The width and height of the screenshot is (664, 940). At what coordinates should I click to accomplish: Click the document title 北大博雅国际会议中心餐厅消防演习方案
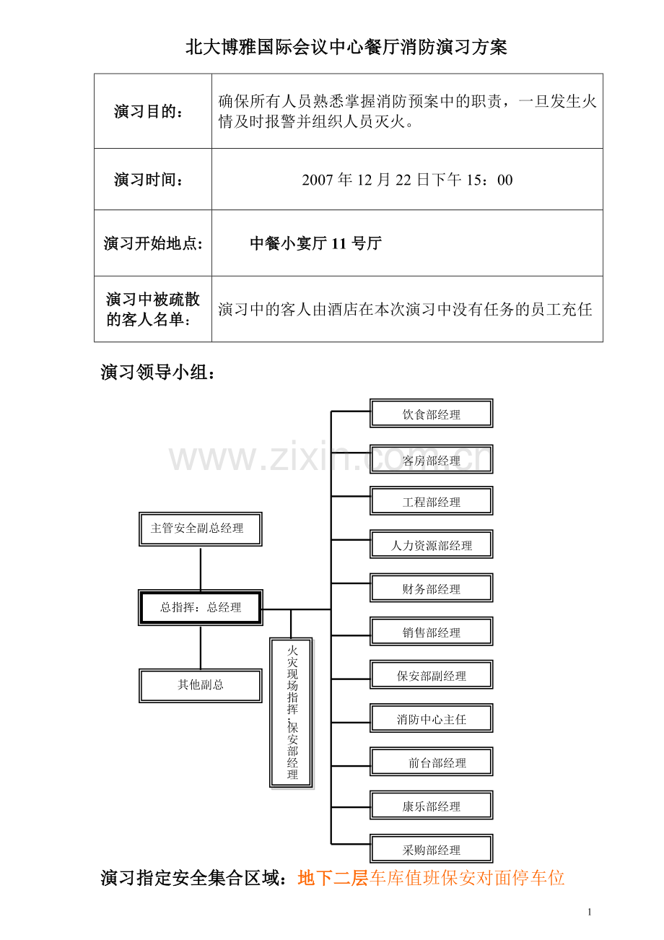click(x=346, y=47)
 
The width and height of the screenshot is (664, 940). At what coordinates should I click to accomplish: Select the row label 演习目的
click(x=149, y=112)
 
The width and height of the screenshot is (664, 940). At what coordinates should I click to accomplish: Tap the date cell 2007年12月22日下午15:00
click(x=407, y=180)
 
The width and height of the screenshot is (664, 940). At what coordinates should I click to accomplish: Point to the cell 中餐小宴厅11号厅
click(x=315, y=243)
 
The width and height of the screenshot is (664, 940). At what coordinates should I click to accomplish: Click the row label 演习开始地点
click(x=153, y=243)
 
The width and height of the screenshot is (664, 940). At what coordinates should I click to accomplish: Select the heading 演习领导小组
click(x=158, y=373)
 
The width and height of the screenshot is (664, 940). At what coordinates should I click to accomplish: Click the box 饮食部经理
click(x=431, y=414)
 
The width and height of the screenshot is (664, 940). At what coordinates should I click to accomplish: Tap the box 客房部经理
click(x=431, y=459)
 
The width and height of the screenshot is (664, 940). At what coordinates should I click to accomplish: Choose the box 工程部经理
click(x=431, y=500)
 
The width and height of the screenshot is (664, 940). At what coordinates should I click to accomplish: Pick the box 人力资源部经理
click(x=431, y=544)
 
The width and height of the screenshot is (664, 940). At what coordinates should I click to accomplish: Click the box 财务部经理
click(x=431, y=588)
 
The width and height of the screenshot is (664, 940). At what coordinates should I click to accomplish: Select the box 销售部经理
click(x=431, y=632)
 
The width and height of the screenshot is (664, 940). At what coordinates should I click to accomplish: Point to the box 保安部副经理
click(x=431, y=675)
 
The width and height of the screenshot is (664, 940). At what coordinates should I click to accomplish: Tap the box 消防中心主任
click(x=431, y=718)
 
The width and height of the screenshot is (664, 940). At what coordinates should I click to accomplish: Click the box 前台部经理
click(x=431, y=762)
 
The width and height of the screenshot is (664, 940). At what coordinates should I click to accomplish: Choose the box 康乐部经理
click(x=431, y=805)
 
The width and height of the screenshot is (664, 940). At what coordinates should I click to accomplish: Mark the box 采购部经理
click(x=431, y=849)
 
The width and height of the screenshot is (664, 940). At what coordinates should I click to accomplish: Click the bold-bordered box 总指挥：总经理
click(x=201, y=608)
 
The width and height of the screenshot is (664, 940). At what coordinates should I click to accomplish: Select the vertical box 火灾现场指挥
click(x=292, y=713)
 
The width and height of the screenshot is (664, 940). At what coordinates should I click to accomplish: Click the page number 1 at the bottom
click(x=590, y=911)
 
